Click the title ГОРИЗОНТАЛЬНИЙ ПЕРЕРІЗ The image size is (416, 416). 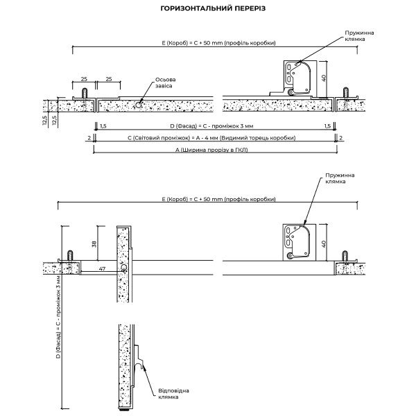pos(213,8)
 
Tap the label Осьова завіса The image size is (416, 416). pos(165,83)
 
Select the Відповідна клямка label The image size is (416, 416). pos(173,394)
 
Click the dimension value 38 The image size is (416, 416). pos(94,244)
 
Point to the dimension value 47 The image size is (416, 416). pos(102,268)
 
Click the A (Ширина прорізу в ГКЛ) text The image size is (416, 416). pos(211,150)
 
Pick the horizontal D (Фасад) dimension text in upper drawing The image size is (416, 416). pos(211,126)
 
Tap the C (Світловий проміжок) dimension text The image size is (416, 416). pos(211,138)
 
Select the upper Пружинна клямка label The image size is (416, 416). pos(359,36)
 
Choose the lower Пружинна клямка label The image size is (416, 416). pos(340,179)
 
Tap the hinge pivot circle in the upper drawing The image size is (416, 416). pos(139,105)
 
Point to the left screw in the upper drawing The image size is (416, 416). pos(85,94)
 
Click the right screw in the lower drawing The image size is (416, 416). pos(345,257)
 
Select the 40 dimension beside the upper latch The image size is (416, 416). pos(323,78)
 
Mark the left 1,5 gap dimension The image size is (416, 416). pos(103,126)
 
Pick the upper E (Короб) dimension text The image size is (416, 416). pos(219,43)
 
